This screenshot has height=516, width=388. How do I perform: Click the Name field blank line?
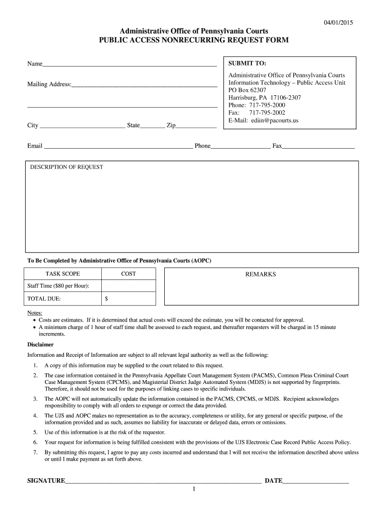point(130,65)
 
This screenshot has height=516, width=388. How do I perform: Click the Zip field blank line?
point(196,126)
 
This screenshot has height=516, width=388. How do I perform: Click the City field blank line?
point(82,126)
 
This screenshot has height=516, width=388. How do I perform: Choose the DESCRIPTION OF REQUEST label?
point(67,167)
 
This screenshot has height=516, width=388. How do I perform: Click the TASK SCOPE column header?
point(63,274)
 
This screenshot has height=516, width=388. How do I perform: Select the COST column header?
point(128,274)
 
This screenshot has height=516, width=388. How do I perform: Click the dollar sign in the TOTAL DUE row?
point(106,299)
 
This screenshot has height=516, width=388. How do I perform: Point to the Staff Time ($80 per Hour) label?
point(58,286)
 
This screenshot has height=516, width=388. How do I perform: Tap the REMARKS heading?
point(261,274)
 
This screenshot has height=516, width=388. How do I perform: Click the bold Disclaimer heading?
point(40,345)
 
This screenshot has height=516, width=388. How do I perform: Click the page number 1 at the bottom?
point(193,490)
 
